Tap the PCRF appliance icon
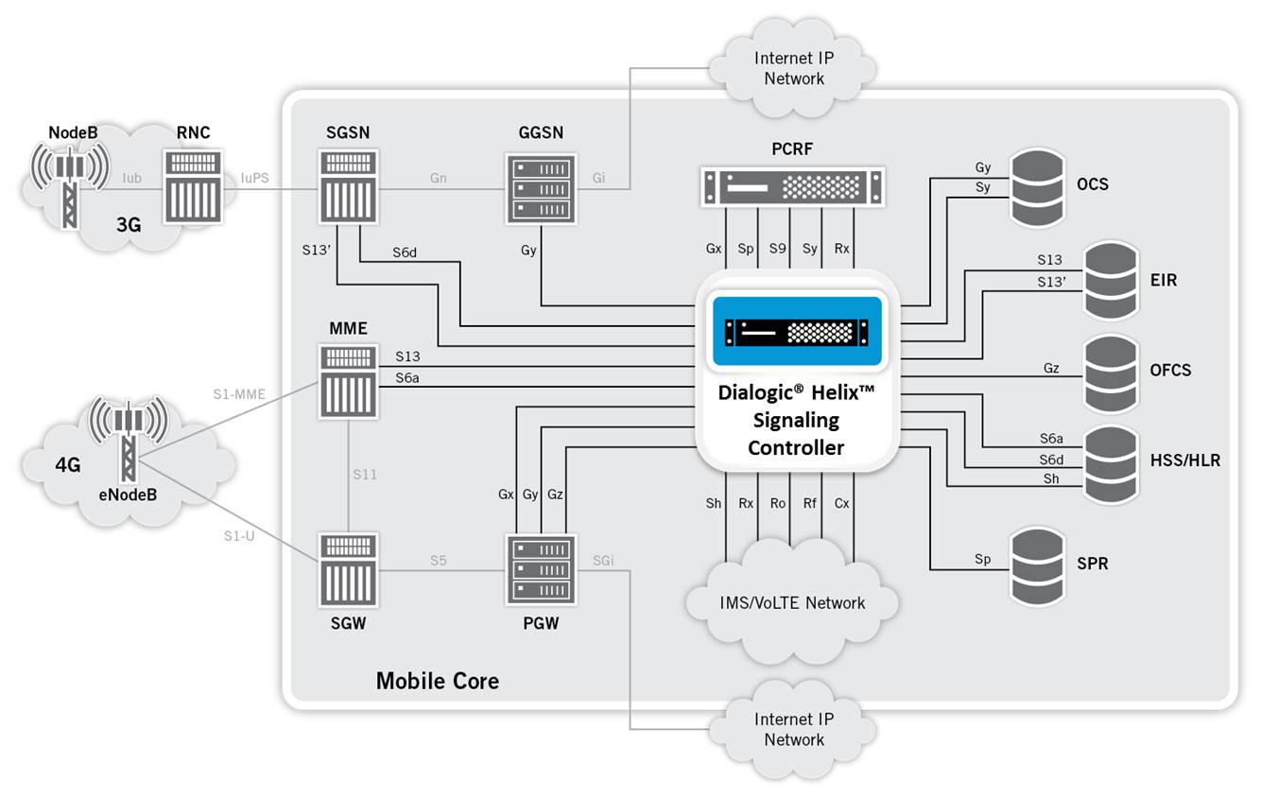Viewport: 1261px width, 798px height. pyautogui.click(x=793, y=186)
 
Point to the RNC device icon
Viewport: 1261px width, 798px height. pyautogui.click(x=194, y=187)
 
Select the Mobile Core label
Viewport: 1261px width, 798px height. pyautogui.click(x=437, y=680)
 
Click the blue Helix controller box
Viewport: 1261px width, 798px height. pyautogui.click(x=797, y=331)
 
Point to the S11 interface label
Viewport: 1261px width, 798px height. pyautogui.click(x=364, y=475)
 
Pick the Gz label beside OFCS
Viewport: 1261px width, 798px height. pyautogui.click(x=1051, y=368)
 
